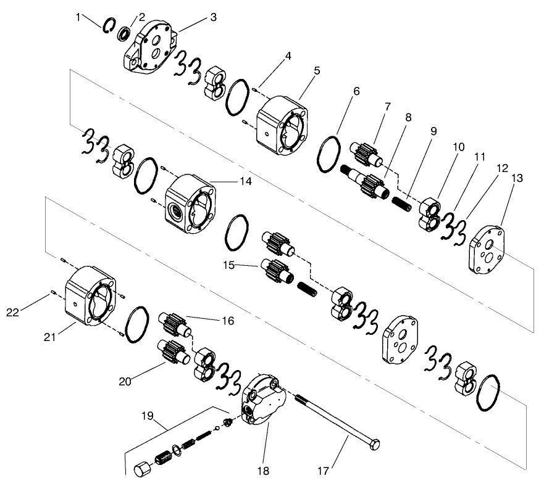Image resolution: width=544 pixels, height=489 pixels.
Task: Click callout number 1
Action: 78,17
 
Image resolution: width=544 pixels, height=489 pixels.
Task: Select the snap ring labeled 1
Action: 108,25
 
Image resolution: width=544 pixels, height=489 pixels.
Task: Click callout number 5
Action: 317,71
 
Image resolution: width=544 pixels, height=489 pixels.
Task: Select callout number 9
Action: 432,131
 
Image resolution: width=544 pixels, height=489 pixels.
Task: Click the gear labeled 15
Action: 278,270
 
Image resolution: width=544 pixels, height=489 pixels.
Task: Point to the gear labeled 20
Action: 170,354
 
